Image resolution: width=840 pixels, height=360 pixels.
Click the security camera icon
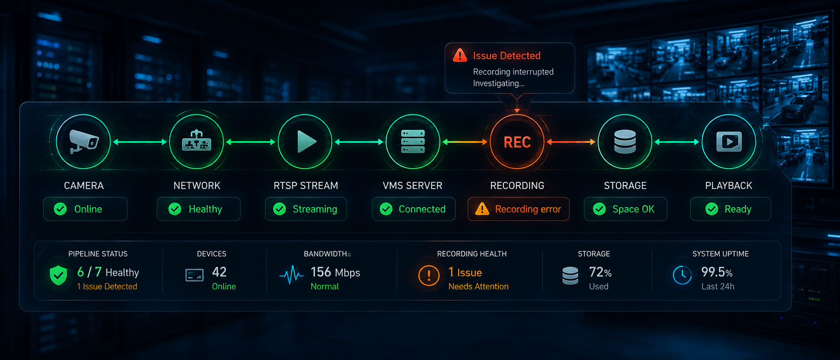click(84, 142)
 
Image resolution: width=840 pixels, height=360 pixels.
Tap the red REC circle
click(517, 142)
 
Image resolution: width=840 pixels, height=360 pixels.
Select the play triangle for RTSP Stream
click(306, 142)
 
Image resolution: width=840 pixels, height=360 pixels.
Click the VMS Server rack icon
click(413, 142)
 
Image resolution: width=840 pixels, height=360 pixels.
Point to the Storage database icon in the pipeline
click(625, 142)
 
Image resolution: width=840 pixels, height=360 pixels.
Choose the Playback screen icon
click(729, 142)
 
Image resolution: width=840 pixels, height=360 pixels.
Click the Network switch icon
click(196, 140)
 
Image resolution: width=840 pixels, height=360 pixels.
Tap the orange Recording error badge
click(518, 209)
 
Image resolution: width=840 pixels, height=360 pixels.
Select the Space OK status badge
click(625, 209)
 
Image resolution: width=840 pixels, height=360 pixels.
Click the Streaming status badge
click(306, 209)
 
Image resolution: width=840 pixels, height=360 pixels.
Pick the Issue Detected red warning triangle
click(460, 56)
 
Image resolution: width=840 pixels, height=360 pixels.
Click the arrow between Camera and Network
click(140, 142)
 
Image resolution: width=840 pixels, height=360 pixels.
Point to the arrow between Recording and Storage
click(571, 142)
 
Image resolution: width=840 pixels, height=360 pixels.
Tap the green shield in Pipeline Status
click(58, 275)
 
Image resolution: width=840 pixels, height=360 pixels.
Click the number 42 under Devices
click(219, 272)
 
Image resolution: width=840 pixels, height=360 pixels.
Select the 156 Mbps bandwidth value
click(335, 272)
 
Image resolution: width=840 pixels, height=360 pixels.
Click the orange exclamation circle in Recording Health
click(429, 275)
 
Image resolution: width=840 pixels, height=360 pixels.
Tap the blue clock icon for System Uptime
click(682, 275)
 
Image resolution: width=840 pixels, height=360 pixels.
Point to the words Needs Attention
click(478, 286)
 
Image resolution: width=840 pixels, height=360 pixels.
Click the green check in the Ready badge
click(712, 209)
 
